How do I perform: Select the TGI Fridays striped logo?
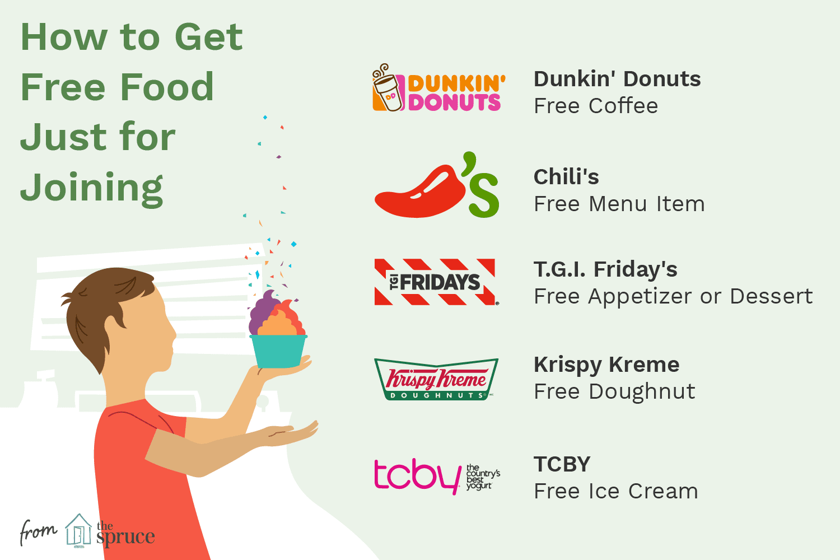(435, 282)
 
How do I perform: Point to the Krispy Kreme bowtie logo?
(436, 379)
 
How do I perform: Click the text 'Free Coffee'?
(596, 106)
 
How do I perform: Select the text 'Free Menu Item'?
(619, 204)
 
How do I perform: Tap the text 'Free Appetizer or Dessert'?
(673, 296)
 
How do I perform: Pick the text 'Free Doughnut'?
(614, 391)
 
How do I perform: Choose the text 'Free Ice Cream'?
(616, 491)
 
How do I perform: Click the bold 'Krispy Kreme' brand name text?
(606, 365)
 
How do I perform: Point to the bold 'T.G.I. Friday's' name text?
(605, 269)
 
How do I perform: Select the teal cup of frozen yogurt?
(278, 351)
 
